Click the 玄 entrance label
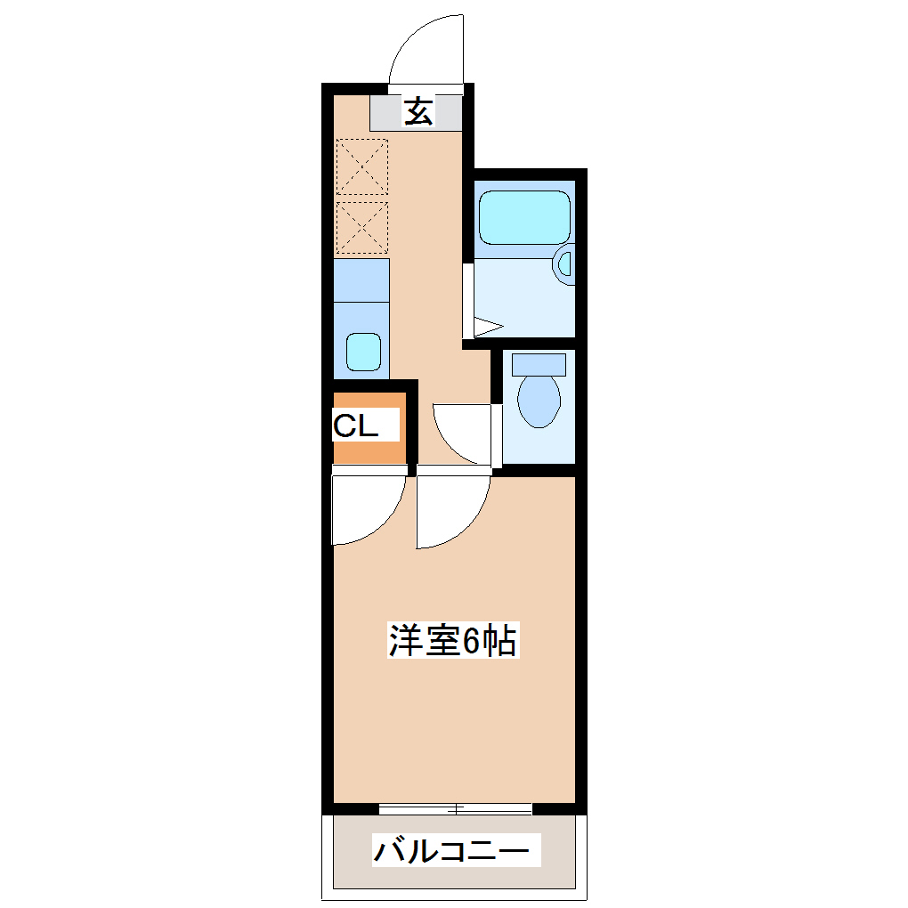pos(418,112)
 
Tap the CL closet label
pos(355,426)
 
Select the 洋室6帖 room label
pos(453,641)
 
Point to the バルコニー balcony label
pos(456,850)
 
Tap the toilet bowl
pos(539,400)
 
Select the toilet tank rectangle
pos(539,363)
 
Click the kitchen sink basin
pos(362,352)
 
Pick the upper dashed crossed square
pos(363,166)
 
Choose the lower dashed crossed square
pos(363,227)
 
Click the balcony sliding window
pos(455,808)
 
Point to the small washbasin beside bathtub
pos(564,264)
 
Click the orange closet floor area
pos(369,450)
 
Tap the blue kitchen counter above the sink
pos(362,279)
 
